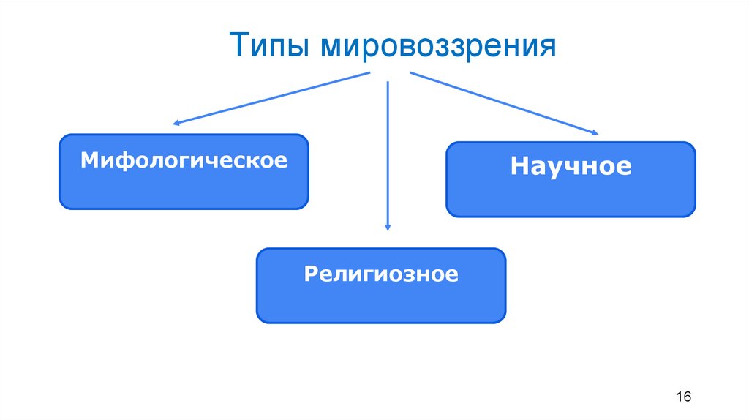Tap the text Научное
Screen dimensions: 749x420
(x=571, y=166)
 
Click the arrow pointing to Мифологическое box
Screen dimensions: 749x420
(x=271, y=99)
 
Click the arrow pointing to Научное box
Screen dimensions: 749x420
(x=505, y=103)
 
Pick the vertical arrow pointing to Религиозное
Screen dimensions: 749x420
(x=387, y=154)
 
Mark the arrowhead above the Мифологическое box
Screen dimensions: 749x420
(x=176, y=122)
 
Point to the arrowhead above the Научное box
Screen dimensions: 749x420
(x=593, y=132)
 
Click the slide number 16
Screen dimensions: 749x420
(x=684, y=397)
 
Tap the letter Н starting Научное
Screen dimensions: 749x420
(x=519, y=166)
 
